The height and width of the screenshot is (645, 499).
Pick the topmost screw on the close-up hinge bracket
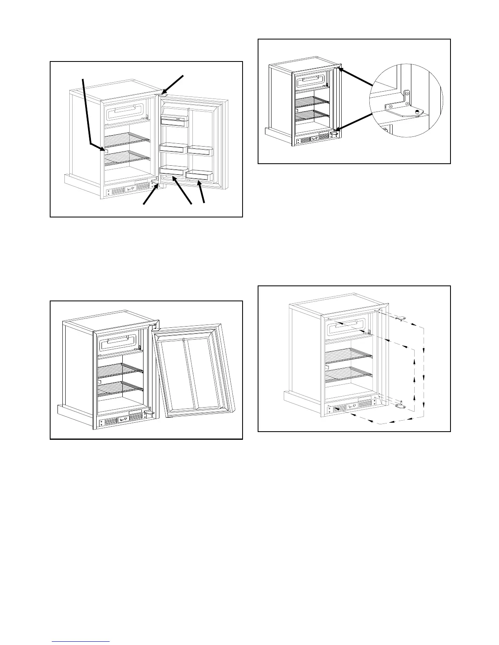[x=406, y=93]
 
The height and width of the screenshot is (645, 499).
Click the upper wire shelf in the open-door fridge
[x=127, y=140]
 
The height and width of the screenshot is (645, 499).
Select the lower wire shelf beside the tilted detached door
[x=120, y=388]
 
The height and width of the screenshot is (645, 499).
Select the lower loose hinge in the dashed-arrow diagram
[x=400, y=405]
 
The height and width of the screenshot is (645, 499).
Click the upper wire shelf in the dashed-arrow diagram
[x=349, y=356]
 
